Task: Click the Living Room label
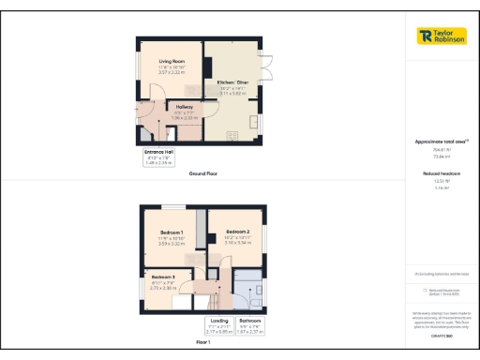170,61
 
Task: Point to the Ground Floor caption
204,174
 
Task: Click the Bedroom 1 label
171,232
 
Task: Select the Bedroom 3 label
164,277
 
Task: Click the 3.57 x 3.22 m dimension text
170,72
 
